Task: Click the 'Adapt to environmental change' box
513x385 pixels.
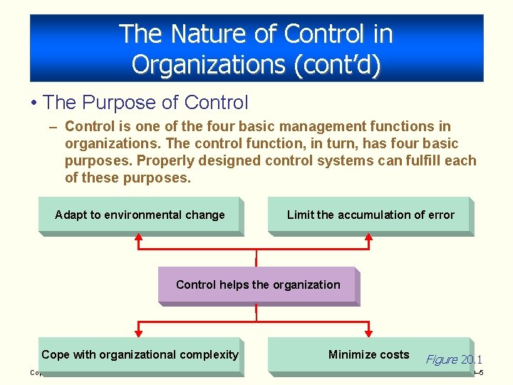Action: (140, 215)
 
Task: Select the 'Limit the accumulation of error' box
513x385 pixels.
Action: (370, 215)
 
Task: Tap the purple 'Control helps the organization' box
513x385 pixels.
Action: (257, 284)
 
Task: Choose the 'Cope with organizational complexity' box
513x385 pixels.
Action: (140, 354)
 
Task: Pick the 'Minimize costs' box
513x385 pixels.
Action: (368, 354)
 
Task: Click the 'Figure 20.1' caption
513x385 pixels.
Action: (453, 359)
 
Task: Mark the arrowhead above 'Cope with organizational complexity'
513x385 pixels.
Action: (140, 331)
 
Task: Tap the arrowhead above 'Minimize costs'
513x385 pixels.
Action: (369, 331)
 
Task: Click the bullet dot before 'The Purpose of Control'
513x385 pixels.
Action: (34, 103)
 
